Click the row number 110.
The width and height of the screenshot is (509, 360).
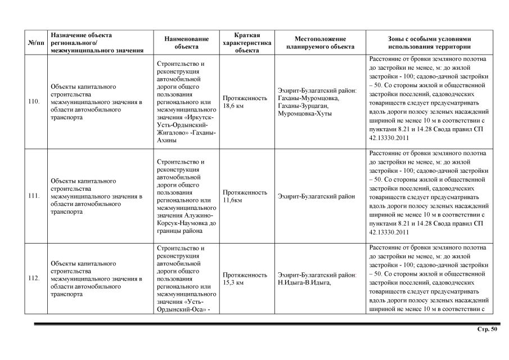(33, 102)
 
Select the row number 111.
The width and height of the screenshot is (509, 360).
(33, 196)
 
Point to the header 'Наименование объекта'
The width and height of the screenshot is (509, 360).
(186, 43)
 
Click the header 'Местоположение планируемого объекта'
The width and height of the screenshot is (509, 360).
(319, 43)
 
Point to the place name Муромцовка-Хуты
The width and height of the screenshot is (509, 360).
(305, 114)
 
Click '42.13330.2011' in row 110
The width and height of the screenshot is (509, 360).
(388, 137)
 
